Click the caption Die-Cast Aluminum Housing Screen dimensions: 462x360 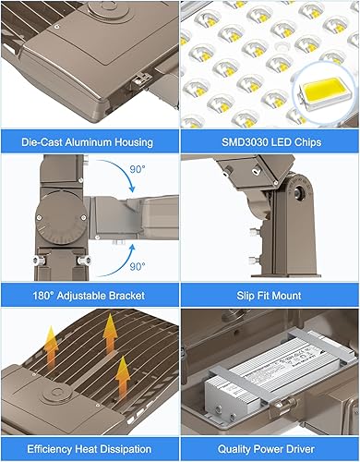[x=90, y=141]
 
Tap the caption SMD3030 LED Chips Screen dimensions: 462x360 [x=270, y=141]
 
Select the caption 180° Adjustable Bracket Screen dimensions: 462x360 [x=90, y=295]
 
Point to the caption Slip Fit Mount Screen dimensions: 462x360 [x=270, y=295]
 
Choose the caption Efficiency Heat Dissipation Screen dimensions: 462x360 [x=90, y=448]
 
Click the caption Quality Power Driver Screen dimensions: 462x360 [x=270, y=448]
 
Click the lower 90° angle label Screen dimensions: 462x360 [x=136, y=266]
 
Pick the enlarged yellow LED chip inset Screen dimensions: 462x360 [x=323, y=99]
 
